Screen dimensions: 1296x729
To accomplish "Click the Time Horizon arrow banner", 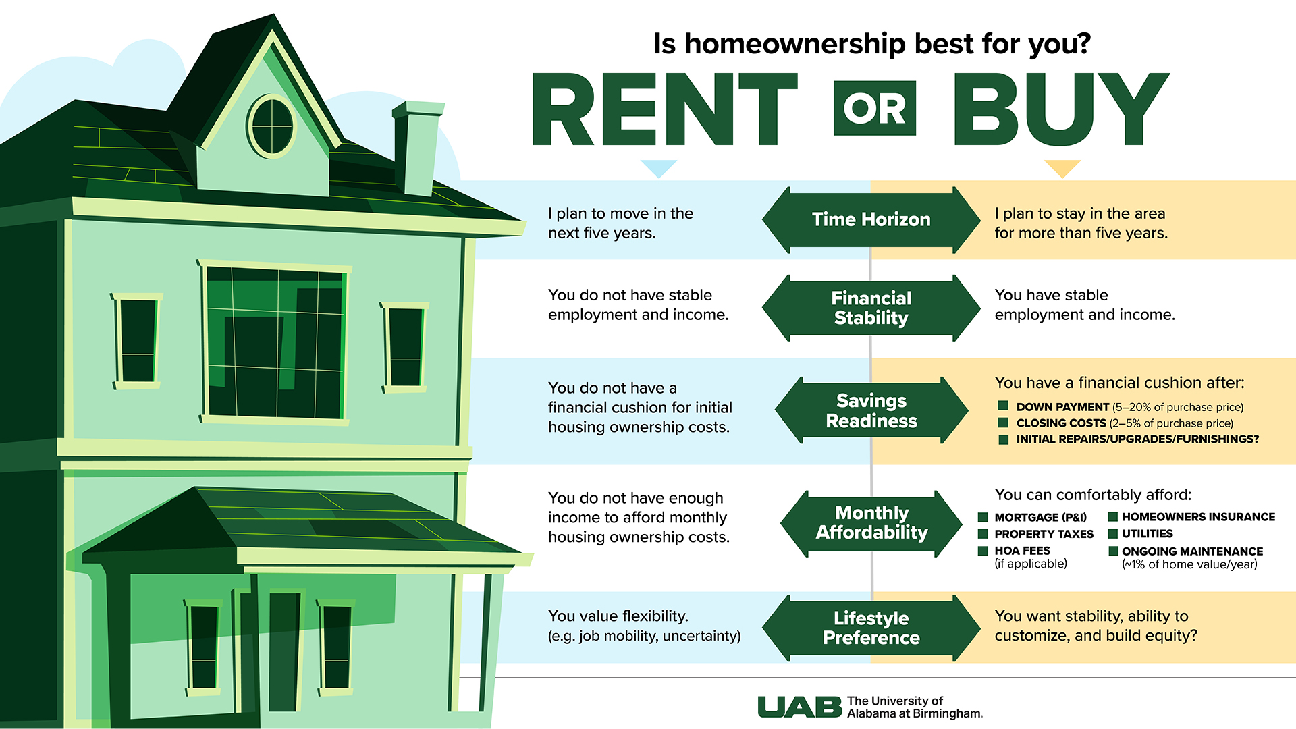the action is click(x=871, y=220).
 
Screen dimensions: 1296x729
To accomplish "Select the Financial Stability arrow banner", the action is click(x=871, y=308).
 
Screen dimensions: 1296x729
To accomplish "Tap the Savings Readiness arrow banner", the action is click(x=871, y=410).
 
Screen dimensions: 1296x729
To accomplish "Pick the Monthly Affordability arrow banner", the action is click(x=871, y=523).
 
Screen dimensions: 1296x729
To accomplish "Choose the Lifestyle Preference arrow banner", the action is click(x=871, y=628).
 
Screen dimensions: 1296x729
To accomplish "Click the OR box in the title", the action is click(x=875, y=109).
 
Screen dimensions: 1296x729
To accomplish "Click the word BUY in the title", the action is click(x=1060, y=109).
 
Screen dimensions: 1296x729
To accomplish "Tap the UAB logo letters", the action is click(x=799, y=707).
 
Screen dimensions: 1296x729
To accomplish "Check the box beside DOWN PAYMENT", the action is click(x=1003, y=406).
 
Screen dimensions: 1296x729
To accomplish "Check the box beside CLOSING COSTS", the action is click(x=1003, y=423).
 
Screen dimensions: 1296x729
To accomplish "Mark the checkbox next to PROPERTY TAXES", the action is click(x=983, y=533).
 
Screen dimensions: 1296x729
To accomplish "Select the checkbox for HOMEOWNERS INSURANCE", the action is click(x=1113, y=516).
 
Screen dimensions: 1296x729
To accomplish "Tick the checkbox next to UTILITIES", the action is click(x=1113, y=533).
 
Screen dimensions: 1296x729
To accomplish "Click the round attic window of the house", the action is click(x=272, y=126).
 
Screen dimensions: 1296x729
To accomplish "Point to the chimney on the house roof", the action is click(x=417, y=148).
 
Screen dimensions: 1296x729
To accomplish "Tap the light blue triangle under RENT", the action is click(x=658, y=168).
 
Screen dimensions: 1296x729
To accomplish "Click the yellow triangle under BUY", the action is click(x=1062, y=168).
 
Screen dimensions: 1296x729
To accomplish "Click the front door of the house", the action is click(x=284, y=651).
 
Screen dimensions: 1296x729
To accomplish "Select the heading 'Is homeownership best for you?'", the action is click(x=872, y=44).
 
